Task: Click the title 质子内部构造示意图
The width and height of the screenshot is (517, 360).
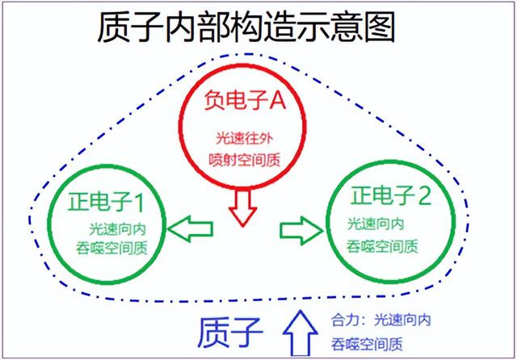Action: (246, 27)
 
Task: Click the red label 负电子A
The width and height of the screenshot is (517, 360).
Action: (245, 100)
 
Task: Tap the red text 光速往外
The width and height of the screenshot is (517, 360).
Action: (244, 138)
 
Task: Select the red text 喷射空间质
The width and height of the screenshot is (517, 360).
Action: (244, 160)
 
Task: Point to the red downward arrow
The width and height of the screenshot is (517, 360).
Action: (242, 207)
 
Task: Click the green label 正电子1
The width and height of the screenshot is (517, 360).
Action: (106, 201)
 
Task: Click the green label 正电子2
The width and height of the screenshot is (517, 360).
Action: (391, 195)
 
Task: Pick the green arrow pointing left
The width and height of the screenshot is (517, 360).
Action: (191, 228)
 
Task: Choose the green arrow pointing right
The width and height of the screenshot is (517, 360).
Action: (301, 230)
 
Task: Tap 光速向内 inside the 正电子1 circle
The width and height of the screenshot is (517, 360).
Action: (117, 229)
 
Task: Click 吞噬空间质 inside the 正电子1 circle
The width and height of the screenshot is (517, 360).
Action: (111, 248)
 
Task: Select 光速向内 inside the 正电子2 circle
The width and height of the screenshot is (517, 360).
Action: (376, 224)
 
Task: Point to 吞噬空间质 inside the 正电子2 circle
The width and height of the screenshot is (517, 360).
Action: (382, 246)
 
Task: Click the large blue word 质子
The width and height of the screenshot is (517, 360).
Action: (229, 333)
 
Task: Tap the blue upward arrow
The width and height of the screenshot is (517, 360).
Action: (301, 333)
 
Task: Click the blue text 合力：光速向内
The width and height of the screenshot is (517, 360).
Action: (380, 320)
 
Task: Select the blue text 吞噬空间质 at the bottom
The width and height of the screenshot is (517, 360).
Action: (367, 344)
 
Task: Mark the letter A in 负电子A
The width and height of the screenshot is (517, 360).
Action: (278, 100)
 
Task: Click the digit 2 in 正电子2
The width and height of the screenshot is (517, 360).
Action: (424, 196)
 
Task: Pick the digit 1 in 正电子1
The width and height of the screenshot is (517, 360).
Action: (140, 202)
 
